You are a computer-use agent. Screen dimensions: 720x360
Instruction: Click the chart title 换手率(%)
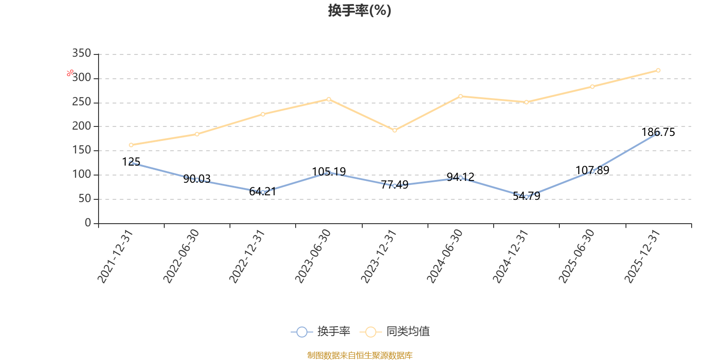click(360, 10)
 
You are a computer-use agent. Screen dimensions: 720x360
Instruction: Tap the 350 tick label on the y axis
click(81, 53)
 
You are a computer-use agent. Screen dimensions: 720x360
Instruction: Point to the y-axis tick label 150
click(81, 150)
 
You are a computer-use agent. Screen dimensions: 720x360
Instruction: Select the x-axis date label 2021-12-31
click(115, 256)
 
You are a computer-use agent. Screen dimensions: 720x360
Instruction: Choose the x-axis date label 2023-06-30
click(312, 256)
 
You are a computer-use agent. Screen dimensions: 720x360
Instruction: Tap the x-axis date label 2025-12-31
click(642, 256)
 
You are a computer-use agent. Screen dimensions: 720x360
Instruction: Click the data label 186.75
click(658, 132)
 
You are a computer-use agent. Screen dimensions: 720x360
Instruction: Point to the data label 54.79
click(526, 196)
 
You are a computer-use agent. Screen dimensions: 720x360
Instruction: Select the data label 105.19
click(329, 171)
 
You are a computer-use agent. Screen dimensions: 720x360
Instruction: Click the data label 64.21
click(263, 192)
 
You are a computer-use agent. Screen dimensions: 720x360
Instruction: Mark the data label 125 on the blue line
click(131, 162)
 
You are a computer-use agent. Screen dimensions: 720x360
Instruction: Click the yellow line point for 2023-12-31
click(395, 130)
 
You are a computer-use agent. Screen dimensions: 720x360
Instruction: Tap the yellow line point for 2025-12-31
click(658, 70)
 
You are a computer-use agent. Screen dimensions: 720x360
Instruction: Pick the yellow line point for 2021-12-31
click(131, 145)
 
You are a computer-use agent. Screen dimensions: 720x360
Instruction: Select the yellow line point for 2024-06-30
click(461, 96)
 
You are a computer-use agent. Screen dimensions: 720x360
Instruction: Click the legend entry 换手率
click(320, 331)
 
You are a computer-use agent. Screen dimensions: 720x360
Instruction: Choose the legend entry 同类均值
click(395, 331)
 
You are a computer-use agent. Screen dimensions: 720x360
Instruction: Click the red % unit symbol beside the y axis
click(70, 73)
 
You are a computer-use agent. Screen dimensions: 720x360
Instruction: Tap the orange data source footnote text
click(360, 355)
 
